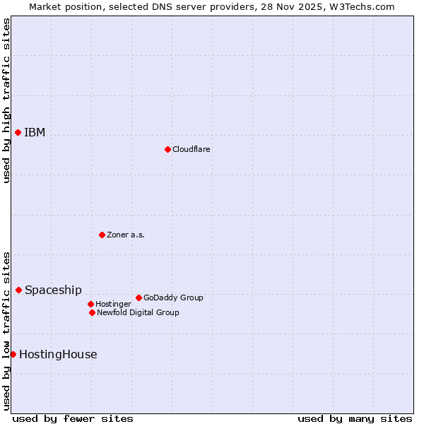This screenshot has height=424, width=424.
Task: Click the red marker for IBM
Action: click(x=18, y=132)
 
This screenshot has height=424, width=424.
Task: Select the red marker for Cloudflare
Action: click(x=167, y=149)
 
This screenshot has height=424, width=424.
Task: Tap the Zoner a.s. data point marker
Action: click(x=102, y=235)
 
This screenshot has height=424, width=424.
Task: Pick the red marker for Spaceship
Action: click(x=18, y=290)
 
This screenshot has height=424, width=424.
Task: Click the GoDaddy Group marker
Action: click(x=139, y=298)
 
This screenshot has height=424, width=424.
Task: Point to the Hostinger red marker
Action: click(x=90, y=304)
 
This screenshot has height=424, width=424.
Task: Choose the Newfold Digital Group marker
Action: click(x=92, y=312)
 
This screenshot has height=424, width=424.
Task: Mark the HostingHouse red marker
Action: click(x=13, y=354)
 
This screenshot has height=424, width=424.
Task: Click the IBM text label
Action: click(x=35, y=133)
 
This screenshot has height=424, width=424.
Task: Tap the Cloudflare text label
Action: click(x=191, y=150)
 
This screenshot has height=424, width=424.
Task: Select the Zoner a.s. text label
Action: click(x=126, y=235)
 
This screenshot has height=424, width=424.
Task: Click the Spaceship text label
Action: click(x=53, y=290)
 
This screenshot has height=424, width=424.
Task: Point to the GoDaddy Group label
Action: click(x=173, y=298)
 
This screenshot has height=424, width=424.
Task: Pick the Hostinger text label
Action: click(x=113, y=305)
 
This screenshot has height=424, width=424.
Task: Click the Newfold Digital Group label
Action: click(x=138, y=313)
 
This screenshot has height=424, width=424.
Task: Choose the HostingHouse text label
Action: click(x=58, y=355)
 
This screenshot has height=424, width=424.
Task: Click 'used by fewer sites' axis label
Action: click(x=73, y=418)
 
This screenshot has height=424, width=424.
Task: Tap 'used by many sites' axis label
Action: click(x=355, y=418)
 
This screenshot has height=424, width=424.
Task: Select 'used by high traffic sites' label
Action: click(x=6, y=100)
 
